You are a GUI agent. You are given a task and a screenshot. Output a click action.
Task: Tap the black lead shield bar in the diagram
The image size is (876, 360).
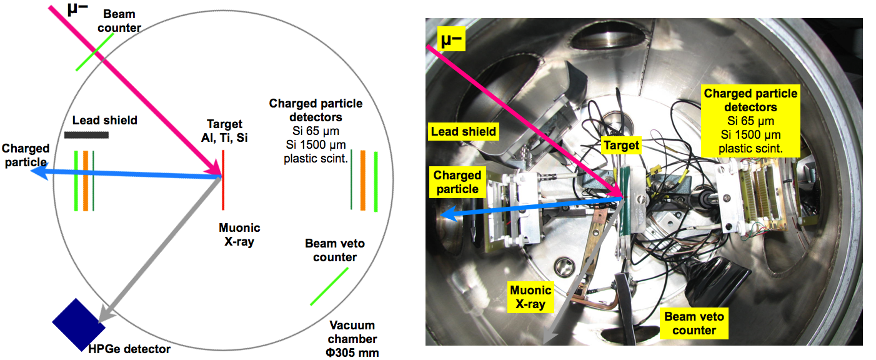86,134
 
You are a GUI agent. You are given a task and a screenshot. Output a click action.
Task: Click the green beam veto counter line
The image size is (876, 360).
329,287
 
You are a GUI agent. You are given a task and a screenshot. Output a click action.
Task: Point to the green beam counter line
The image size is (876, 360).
96,52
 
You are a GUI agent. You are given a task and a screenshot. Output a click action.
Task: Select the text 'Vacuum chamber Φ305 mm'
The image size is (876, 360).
354,339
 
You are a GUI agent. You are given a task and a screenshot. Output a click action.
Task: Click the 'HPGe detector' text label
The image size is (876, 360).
138,349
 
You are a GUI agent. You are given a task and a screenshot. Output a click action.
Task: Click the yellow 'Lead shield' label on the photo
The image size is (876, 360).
463,131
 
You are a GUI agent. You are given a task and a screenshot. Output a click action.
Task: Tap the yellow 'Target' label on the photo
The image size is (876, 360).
621,146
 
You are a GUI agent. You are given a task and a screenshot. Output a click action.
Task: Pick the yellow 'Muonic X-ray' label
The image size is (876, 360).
531,297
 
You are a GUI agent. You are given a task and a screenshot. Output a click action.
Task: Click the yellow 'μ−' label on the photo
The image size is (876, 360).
450,40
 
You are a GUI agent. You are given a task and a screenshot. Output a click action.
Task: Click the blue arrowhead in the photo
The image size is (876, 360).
446,216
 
